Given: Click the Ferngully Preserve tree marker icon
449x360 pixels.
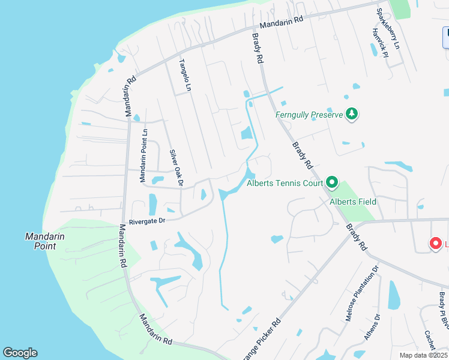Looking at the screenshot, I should tap(352, 114).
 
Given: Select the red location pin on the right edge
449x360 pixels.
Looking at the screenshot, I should tap(436, 244).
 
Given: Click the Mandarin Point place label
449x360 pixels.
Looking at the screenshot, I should tap(45, 241).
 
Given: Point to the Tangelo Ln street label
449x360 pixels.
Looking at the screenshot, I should tap(185, 75).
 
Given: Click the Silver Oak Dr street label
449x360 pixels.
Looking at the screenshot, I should tap(176, 167).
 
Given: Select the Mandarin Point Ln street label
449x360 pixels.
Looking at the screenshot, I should tap(143, 155).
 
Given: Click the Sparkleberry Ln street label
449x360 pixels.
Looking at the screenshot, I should tap(387, 28).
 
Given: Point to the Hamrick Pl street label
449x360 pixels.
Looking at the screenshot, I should tap(380, 43).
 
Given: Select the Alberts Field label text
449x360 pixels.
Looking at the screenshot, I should tap(353, 202).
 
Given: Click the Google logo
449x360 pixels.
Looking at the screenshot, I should tap(20, 353).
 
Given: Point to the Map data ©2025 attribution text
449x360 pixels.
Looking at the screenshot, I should tap(424, 355).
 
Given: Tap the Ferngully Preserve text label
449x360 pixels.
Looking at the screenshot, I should tap(309, 115).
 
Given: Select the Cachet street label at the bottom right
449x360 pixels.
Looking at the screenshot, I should tap(429, 340).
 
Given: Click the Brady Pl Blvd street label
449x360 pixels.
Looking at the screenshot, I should tap(443, 310).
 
